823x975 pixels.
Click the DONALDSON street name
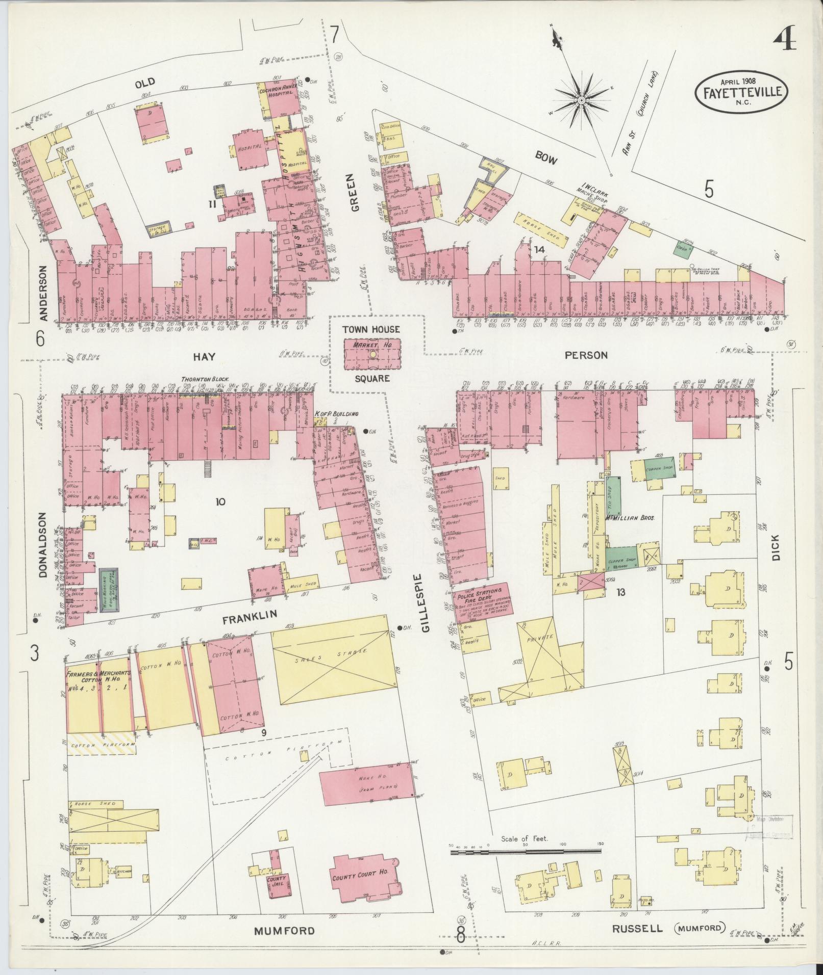[x=43, y=545]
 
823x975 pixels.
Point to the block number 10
[x=220, y=502]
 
